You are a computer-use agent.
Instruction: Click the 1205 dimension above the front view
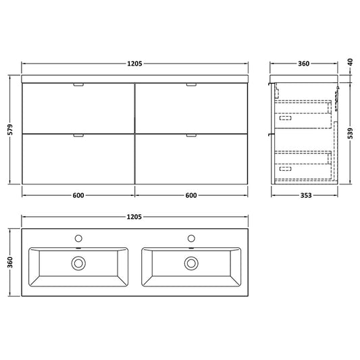[134, 64]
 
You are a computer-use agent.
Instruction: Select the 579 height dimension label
[9, 130]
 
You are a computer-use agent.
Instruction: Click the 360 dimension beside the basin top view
[9, 261]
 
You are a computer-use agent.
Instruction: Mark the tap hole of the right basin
[191, 238]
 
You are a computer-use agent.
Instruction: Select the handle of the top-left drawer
[78, 86]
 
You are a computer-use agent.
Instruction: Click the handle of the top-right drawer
[191, 86]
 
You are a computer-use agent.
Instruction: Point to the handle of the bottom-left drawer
[78, 135]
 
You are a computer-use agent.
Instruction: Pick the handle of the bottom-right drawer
[191, 135]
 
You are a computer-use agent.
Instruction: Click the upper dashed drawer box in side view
[304, 113]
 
